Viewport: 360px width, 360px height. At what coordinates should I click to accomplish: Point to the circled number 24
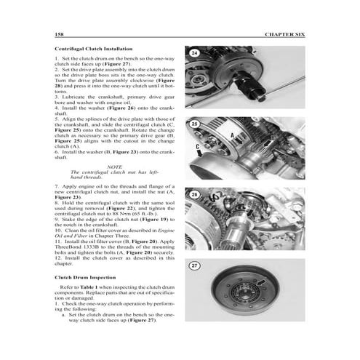tap(194, 53)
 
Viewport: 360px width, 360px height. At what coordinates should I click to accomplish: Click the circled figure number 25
tap(194, 124)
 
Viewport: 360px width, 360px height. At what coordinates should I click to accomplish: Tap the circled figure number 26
tap(194, 195)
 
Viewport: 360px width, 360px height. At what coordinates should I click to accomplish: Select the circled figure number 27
tap(194, 266)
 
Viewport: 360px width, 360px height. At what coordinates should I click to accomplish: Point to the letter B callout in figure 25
tap(271, 137)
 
